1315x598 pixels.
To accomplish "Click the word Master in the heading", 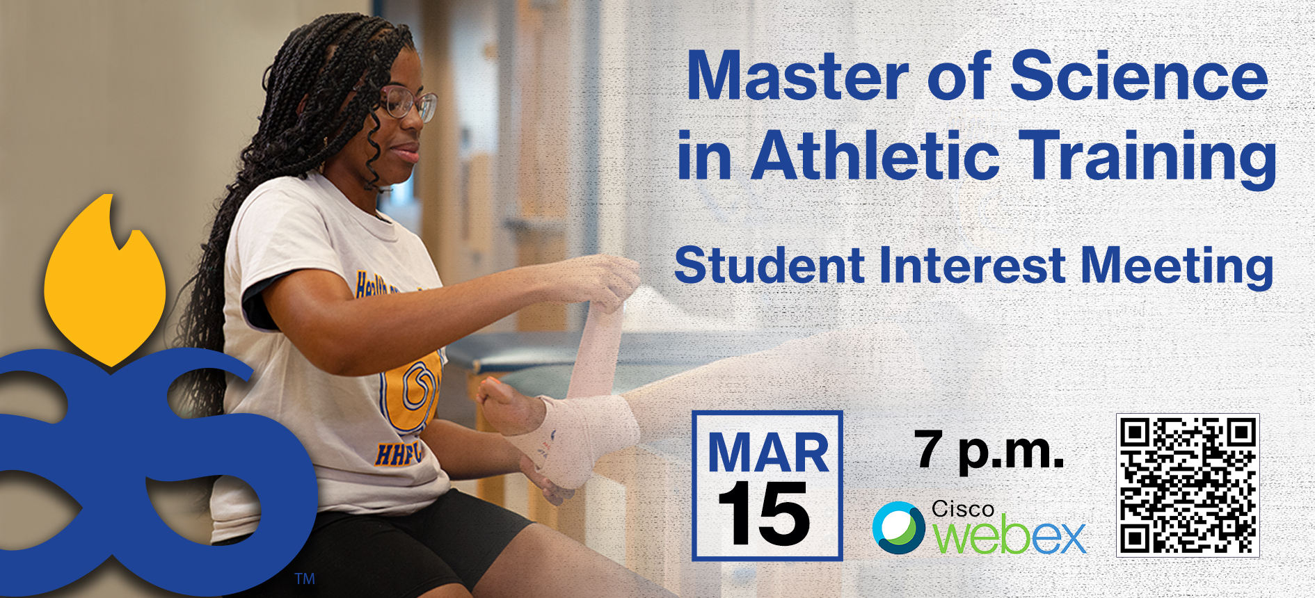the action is coord(797,76).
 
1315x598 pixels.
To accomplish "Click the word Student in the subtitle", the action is coord(770,266).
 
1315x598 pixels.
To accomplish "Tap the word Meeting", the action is coord(1177,268).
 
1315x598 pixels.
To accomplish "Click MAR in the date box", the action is coord(768,453).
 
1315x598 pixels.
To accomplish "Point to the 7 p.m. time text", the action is coord(989,451).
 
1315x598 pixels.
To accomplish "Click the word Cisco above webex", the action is coord(963,509).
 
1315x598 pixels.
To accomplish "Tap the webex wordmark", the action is coord(1009,535).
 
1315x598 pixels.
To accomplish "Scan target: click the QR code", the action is coord(1188,485).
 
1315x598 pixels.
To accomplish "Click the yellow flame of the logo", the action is coord(105,280).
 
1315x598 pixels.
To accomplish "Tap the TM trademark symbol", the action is coord(305,579).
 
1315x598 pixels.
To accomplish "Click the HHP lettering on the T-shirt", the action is coord(398,454).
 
